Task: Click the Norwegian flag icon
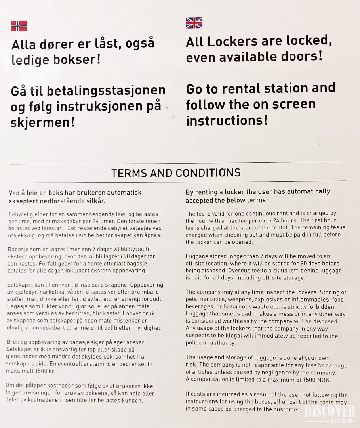[x=19, y=26]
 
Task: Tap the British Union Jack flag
[x=194, y=23]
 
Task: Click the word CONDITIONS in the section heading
[x=208, y=173]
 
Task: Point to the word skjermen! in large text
[x=43, y=122]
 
